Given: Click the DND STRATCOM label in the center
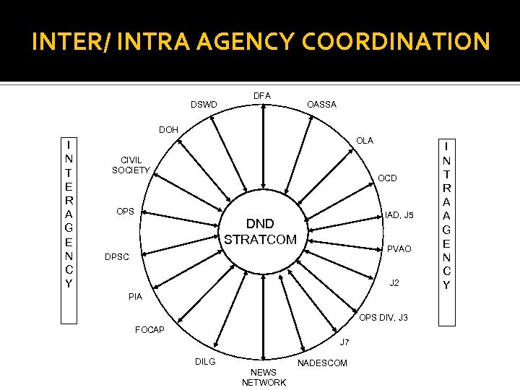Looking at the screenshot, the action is pos(260,231).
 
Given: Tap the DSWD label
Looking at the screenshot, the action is pos(203,105).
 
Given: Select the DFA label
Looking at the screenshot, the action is pos(261,95).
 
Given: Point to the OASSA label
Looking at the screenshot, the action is pos(321,105).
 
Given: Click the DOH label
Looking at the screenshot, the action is pos(168,130).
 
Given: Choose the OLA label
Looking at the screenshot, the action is pos(365,141).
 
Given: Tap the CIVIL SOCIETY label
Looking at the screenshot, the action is pos(131,165).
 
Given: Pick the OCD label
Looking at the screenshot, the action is pos(387,178).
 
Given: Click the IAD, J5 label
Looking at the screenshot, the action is pos(399,215).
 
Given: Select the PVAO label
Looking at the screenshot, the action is pos(399,249).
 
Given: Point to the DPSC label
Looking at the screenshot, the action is pos(117,256).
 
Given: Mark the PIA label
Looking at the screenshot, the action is pos(135,297).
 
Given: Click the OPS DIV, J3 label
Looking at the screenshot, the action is pos(383,317).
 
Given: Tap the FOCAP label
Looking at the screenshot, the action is pos(150,330).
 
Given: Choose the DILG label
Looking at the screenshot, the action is pos(205,361).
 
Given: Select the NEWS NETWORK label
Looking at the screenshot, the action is pos(264,377).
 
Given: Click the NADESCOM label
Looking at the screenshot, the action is pos(322,363).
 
